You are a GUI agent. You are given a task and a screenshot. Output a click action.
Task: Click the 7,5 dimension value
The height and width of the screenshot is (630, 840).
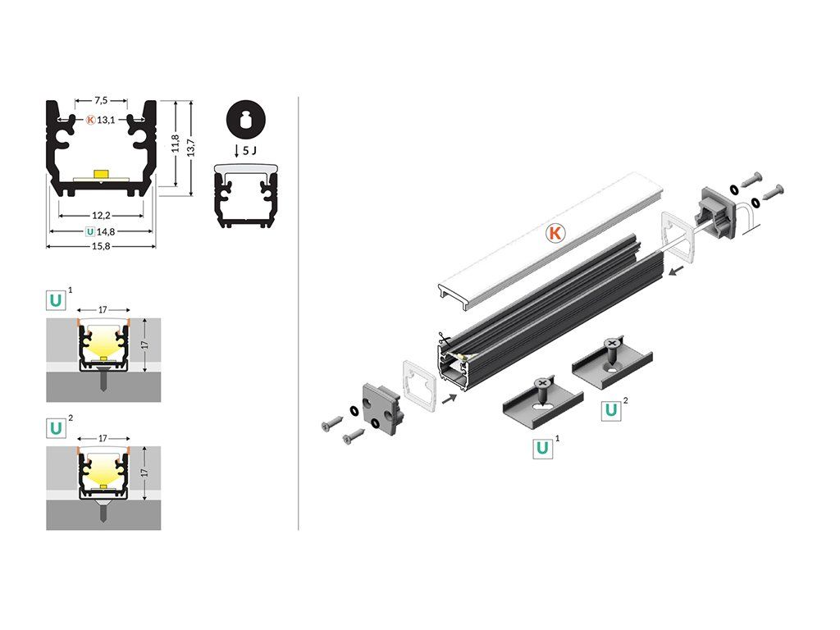click(101, 100)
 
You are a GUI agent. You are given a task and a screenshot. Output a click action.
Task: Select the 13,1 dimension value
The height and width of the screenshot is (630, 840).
click(106, 120)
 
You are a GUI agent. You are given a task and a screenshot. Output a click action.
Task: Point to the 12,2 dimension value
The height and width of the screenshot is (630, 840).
click(101, 216)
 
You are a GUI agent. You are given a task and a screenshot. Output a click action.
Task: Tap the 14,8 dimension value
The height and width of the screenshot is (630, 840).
click(106, 232)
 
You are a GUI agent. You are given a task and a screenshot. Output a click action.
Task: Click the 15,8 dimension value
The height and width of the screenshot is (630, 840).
click(101, 246)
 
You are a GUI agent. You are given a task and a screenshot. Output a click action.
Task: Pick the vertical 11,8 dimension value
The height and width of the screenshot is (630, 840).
click(176, 144)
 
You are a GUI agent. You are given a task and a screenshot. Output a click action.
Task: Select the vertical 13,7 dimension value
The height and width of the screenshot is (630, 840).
click(190, 148)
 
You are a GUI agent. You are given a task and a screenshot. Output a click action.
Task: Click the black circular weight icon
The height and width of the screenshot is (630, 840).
click(246, 120)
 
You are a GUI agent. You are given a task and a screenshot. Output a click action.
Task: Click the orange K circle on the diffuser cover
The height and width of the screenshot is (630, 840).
click(555, 233)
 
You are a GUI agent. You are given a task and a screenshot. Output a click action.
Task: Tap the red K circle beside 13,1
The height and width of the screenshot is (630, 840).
click(90, 120)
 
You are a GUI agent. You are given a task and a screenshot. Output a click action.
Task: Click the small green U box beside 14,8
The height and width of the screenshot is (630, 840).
click(90, 232)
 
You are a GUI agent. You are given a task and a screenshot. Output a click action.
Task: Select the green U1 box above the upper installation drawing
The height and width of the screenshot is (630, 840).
click(56, 300)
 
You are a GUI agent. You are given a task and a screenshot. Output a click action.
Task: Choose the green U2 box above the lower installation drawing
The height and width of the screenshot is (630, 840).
click(56, 428)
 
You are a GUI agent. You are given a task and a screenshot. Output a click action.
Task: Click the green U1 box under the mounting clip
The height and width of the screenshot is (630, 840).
click(542, 448)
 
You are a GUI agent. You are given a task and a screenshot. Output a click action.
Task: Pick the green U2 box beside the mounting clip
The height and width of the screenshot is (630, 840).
click(610, 410)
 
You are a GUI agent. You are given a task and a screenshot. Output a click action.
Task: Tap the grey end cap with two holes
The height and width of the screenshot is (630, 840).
click(381, 406)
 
